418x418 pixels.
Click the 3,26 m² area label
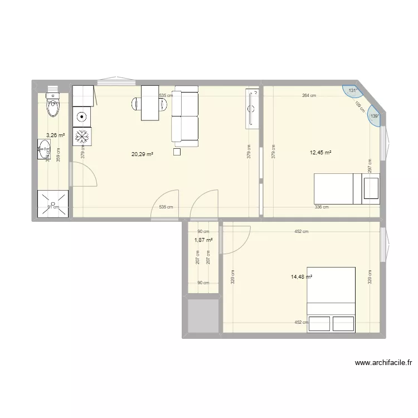(x=56, y=135)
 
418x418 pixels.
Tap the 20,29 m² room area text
(x=142, y=154)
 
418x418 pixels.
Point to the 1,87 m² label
(x=203, y=240)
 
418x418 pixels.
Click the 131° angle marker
(x=352, y=90)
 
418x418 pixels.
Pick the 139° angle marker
(x=374, y=116)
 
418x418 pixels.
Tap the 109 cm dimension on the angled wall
(x=359, y=106)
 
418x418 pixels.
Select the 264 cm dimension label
(x=309, y=95)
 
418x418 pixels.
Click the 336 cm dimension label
(x=322, y=207)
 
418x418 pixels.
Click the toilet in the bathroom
(x=52, y=105)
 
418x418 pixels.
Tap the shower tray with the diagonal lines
(x=54, y=204)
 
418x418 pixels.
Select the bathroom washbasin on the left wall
(x=44, y=149)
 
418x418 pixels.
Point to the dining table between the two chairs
(x=150, y=103)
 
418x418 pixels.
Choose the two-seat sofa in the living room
(x=185, y=116)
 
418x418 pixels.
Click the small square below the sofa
(x=177, y=151)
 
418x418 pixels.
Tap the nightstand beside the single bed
(x=371, y=188)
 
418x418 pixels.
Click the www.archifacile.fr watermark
(x=383, y=363)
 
